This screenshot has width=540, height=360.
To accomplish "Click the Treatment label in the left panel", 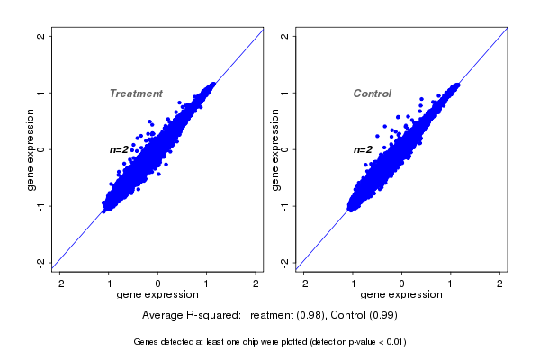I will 136,94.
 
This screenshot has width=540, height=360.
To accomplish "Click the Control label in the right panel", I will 372,94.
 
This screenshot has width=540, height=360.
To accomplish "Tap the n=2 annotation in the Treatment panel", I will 120,149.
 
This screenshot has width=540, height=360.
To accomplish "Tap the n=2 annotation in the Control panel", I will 363,149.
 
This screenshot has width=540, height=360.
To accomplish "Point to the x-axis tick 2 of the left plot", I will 256,283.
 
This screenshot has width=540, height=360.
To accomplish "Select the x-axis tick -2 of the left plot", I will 59,283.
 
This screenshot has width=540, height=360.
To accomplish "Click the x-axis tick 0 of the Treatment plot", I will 158,283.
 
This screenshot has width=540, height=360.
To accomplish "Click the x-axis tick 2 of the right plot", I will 499,283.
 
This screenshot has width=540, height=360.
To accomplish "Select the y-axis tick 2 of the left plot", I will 41,36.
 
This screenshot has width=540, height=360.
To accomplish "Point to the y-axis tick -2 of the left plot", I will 41,262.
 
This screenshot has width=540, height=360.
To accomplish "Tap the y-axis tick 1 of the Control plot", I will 284,93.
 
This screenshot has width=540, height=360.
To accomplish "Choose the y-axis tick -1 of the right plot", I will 284,206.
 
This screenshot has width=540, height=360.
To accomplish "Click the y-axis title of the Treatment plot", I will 31,149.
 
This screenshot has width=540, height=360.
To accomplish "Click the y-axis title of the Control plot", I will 274,149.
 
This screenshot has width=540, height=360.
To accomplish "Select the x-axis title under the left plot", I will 158,295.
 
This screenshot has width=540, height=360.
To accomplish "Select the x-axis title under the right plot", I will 401,295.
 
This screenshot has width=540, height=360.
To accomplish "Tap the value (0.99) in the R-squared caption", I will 382,316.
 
